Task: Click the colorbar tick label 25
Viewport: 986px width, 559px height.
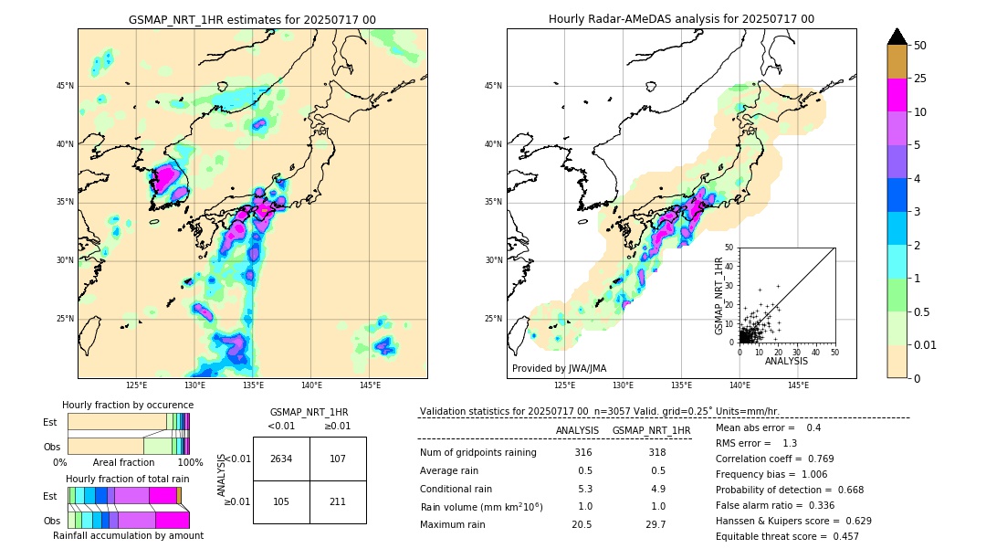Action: coord(920,79)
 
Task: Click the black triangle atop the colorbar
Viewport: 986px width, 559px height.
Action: coord(897,37)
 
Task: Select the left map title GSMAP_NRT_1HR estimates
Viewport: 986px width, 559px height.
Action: coord(252,19)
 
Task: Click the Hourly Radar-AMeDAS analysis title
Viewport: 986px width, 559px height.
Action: coord(681,19)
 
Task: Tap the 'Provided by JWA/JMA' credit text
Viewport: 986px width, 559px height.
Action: coord(559,368)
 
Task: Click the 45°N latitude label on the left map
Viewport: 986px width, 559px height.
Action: coord(65,86)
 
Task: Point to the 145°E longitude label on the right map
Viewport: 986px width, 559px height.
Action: coord(798,385)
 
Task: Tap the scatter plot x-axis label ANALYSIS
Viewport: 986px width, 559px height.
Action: coord(786,361)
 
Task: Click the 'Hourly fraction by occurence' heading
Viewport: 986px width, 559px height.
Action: coord(128,405)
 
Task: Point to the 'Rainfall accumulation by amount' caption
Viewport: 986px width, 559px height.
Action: coord(128,536)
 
